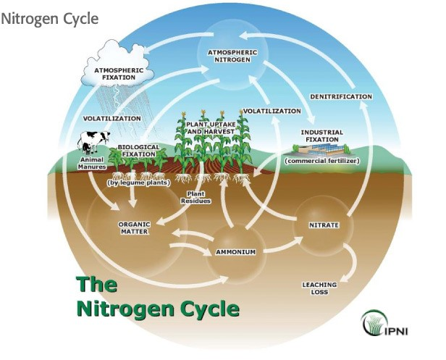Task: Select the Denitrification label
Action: (x=340, y=96)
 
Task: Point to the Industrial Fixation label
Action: (x=321, y=136)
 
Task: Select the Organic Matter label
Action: (x=134, y=228)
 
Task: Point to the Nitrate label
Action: (x=324, y=225)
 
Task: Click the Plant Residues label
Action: (x=198, y=198)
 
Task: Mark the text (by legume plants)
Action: (x=138, y=183)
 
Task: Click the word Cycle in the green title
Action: (x=205, y=310)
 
